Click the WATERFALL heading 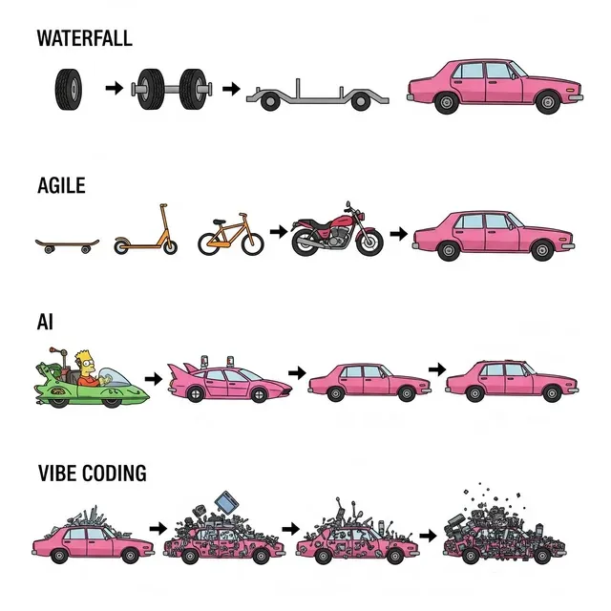point(85,38)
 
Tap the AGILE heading point(61,185)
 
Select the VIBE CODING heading point(93,474)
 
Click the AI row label point(45,323)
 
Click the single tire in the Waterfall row point(69,89)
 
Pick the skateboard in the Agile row point(67,245)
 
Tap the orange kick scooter point(146,229)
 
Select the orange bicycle point(231,234)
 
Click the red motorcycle point(337,230)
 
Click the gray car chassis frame point(318,95)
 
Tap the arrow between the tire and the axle point(115,88)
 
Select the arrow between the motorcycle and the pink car point(399,234)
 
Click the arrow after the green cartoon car point(154,378)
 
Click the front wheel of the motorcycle point(369,242)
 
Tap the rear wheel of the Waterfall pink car point(447,102)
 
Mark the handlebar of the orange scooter point(163,205)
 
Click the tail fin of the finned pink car point(179,369)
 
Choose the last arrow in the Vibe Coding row point(429,536)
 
